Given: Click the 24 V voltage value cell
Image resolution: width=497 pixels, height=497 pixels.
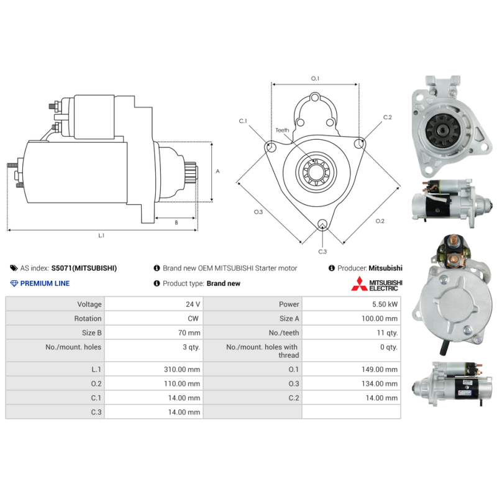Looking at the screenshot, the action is pos(193,304).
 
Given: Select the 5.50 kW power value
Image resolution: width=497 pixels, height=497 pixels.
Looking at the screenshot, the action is pos(385,304).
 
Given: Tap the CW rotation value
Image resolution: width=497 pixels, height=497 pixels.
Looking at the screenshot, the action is pos(193,319).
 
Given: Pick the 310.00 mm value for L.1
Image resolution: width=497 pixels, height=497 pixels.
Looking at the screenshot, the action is pos(182,369).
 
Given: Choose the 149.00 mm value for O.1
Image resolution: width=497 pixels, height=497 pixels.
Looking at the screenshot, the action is pos(380,369).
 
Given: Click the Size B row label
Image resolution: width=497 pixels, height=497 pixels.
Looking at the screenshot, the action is pos(91,333).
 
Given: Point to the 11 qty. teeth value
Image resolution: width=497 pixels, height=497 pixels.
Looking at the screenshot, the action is pos(387,333).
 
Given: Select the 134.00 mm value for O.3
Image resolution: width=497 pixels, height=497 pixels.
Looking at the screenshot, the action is pos(380,383).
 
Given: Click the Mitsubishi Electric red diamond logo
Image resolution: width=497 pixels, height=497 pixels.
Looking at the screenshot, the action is pos(359,284).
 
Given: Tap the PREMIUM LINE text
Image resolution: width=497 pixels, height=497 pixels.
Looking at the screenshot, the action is pos(45,283).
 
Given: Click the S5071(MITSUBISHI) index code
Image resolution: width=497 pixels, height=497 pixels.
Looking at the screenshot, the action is pos(84,268).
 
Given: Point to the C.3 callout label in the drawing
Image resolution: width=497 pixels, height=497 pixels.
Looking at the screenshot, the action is pos(322,252).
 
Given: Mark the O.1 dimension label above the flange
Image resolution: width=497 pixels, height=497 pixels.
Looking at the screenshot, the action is pos(315,78).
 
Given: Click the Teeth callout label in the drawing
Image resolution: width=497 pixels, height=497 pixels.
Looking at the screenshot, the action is pos(282,130).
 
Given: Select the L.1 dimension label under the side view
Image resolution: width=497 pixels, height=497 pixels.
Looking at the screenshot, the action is pos(101,235).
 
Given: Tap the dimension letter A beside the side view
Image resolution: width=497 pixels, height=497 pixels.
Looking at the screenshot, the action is pos(218,171).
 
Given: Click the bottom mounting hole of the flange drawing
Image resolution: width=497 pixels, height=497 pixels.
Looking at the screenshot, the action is pos(322,224).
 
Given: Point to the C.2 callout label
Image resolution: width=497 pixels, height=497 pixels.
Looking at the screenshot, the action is pos(387,117).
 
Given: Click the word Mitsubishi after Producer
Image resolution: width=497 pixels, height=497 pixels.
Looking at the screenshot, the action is pos(385,268).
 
